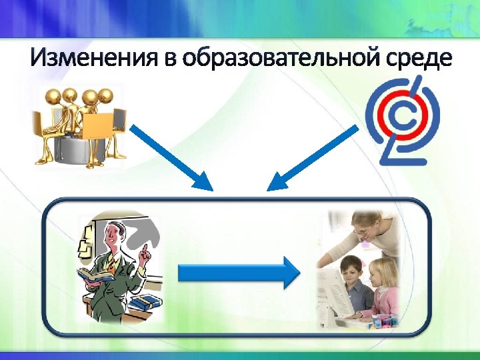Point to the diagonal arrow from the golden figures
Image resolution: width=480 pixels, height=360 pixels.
click(x=170, y=155)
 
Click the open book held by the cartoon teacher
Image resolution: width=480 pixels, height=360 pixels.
click(x=94, y=273)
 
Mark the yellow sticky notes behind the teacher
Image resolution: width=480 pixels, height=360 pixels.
click(x=87, y=240)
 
